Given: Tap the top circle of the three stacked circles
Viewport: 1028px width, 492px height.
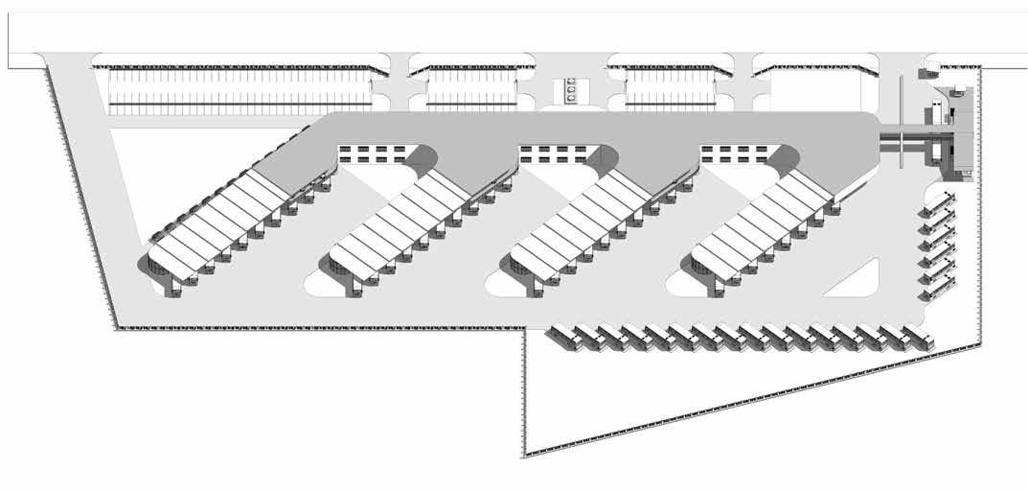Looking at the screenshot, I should point(571,81).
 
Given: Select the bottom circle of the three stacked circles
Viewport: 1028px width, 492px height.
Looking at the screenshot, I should point(571,96).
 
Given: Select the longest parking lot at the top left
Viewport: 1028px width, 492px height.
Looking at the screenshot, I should point(240,89).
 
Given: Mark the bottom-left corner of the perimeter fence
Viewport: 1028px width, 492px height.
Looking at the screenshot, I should point(115,329).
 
